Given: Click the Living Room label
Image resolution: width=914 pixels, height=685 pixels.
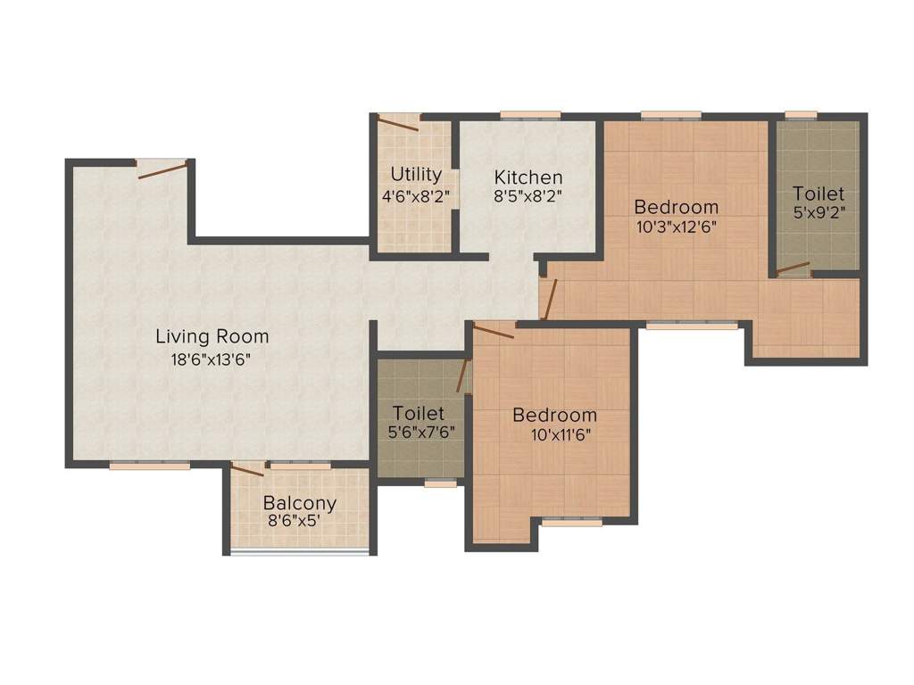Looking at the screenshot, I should (x=212, y=337).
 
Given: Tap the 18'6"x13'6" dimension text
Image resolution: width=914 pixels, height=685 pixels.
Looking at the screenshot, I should (x=212, y=360).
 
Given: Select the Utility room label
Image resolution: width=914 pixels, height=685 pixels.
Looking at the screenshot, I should (x=415, y=174).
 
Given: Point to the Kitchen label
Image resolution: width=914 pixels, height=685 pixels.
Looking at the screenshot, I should (x=528, y=177).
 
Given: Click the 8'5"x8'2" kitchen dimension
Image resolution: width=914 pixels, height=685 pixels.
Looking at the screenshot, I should (x=528, y=196).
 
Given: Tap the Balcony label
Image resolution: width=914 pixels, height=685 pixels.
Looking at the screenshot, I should (x=300, y=503).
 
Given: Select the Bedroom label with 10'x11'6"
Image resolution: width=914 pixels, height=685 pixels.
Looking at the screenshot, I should (x=554, y=416).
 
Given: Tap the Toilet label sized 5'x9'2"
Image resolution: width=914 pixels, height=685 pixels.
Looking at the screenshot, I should (x=818, y=194).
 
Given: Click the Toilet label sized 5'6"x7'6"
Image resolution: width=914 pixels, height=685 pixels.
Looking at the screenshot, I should (x=419, y=413).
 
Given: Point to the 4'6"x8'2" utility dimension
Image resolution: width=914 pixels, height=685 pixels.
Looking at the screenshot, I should (x=415, y=194).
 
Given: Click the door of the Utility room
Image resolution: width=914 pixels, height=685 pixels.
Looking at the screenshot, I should (x=397, y=124).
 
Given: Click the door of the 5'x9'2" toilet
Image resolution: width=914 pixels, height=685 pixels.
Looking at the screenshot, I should (x=793, y=266).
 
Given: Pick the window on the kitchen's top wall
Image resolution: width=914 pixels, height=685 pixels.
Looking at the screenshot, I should (x=530, y=114).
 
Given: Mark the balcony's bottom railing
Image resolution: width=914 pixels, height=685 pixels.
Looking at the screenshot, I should (x=300, y=552).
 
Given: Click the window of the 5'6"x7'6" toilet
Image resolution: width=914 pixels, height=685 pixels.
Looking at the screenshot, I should (x=440, y=483).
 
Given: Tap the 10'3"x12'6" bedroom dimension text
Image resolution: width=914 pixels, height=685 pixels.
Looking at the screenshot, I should (x=677, y=226).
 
